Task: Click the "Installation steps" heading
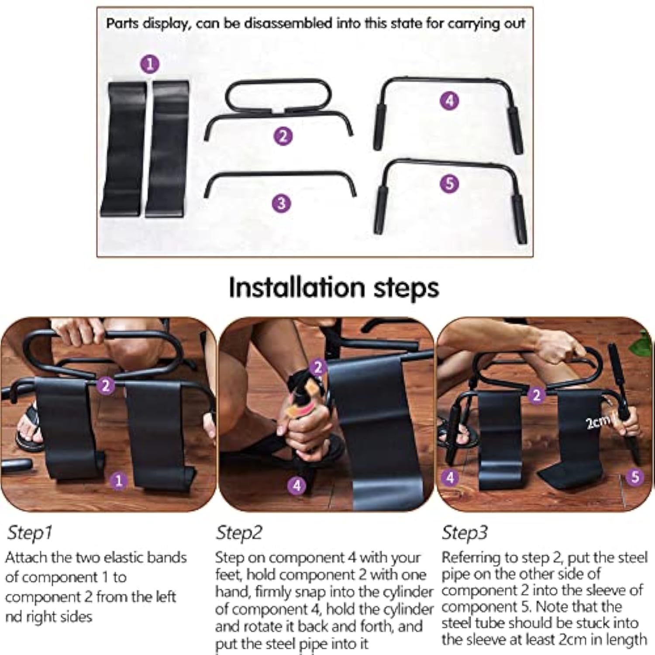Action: click(334, 288)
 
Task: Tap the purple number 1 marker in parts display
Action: click(150, 64)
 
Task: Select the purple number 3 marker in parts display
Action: click(282, 203)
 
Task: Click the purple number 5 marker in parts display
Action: click(450, 183)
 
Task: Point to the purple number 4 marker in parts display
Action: click(450, 101)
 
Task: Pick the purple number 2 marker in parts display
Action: click(283, 136)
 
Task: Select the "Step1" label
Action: click(30, 533)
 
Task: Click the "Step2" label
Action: click(239, 533)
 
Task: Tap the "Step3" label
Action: click(465, 533)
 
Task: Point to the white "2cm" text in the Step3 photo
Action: click(597, 422)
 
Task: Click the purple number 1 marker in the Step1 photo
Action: click(118, 481)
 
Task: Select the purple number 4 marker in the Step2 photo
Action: click(297, 485)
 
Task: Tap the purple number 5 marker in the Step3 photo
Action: click(635, 476)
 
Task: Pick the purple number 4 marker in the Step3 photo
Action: click(450, 477)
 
